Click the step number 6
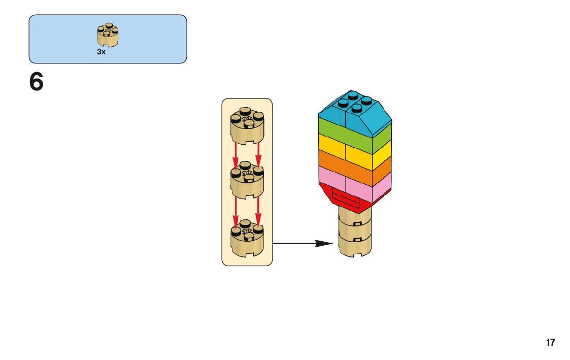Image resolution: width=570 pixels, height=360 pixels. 37,82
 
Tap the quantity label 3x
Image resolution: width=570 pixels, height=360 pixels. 102,52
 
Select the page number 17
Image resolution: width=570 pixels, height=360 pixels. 551,342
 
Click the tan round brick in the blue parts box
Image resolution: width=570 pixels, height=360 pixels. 108,36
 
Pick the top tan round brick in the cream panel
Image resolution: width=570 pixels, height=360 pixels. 247,127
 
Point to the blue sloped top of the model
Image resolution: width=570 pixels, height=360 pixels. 355,114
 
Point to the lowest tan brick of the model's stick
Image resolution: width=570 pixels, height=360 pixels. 355,243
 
